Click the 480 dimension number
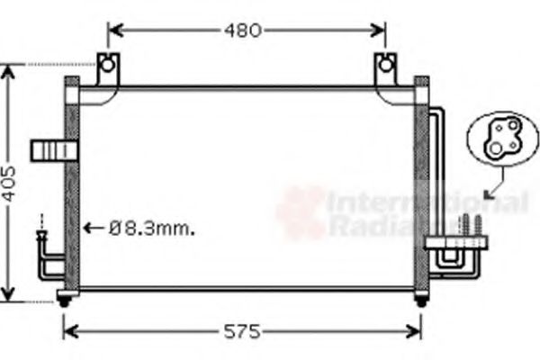242,31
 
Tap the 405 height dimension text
8,184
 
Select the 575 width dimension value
242,330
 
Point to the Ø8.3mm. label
152,228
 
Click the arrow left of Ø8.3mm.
94,228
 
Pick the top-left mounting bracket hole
107,65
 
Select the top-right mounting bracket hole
386,65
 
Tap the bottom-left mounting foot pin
64,301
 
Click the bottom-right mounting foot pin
420,301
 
